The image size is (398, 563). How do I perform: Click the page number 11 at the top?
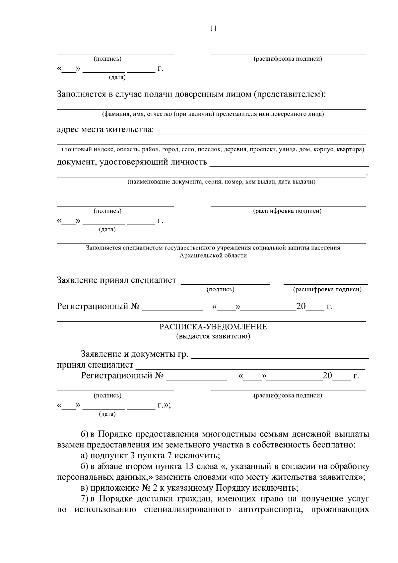(213, 29)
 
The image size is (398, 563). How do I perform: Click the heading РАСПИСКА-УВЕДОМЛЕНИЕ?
(213, 327)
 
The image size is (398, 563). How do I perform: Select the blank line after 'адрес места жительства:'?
(261, 132)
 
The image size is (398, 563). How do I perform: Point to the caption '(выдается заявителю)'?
(213, 336)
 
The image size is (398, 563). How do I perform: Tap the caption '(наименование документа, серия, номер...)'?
(222, 182)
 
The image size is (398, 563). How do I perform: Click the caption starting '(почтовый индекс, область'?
(213, 150)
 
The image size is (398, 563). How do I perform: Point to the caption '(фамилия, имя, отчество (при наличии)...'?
(213, 114)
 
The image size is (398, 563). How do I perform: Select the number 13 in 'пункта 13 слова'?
(186, 467)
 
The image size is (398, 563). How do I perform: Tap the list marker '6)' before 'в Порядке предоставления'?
(85, 434)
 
